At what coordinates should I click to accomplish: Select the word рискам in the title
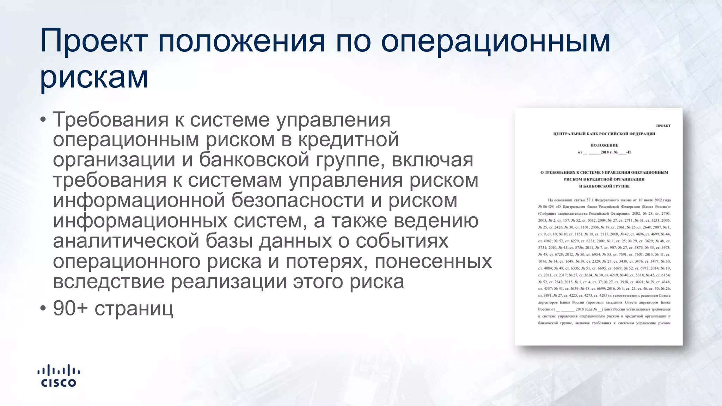(x=94, y=77)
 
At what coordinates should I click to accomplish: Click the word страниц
(x=134, y=309)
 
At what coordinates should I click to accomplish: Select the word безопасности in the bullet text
(x=298, y=201)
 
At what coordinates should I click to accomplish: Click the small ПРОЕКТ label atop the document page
(x=663, y=126)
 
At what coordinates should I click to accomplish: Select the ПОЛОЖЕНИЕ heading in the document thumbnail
(x=604, y=145)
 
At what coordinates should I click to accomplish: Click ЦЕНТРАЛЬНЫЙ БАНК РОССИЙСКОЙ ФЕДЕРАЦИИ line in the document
(x=604, y=134)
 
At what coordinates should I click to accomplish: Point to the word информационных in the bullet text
(x=140, y=221)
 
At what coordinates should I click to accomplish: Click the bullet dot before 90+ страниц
(x=43, y=308)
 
